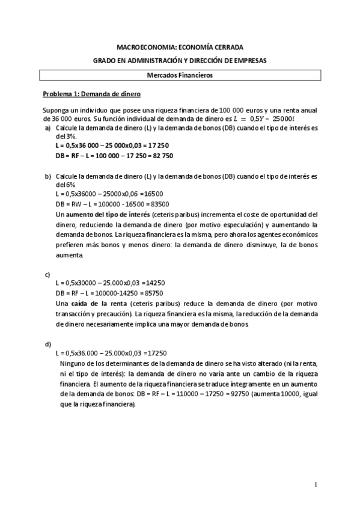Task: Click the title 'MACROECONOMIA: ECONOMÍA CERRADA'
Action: (x=180, y=47)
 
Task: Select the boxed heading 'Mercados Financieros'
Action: (x=180, y=76)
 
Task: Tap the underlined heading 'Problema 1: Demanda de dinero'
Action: (x=91, y=94)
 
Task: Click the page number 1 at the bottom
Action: (x=315, y=485)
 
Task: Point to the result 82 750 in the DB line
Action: (x=159, y=156)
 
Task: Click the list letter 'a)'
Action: (x=47, y=129)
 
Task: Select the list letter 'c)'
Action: (x=47, y=274)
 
